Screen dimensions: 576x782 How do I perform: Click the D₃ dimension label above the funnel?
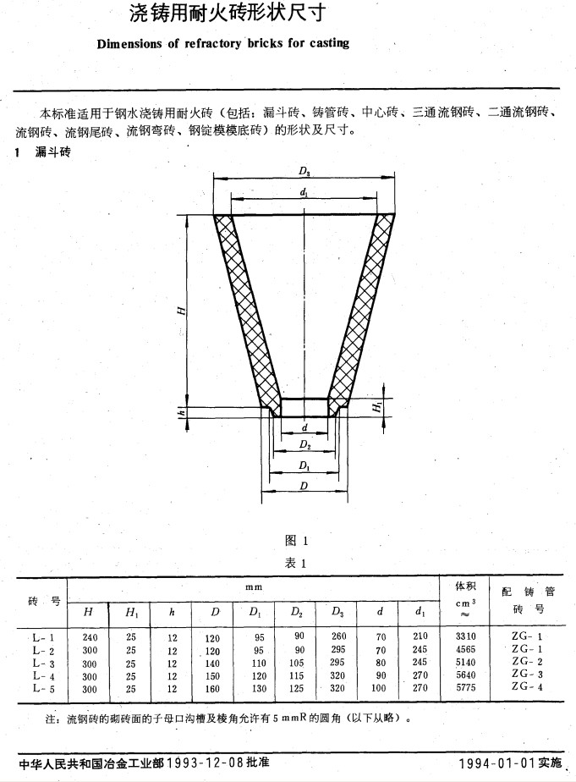point(304,172)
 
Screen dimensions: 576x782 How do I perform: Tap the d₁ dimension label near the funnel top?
point(304,191)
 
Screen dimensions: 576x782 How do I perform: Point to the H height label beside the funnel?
point(183,311)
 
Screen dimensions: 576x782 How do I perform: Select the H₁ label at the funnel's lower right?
point(378,407)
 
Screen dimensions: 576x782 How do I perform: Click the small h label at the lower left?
point(183,413)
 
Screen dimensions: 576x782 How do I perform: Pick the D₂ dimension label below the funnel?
point(305,444)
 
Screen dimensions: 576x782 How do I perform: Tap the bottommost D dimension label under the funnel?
point(304,486)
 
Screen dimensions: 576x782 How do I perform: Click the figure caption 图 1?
point(296,541)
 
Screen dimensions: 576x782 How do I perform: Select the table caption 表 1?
point(295,564)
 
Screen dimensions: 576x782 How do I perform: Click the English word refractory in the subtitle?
point(213,43)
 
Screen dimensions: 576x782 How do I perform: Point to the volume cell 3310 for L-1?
point(465,636)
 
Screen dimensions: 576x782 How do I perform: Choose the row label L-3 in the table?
point(43,664)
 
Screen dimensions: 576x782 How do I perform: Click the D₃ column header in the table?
point(337,611)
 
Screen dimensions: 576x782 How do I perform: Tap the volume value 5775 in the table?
point(465,687)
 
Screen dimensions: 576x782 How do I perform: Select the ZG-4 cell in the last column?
point(527,686)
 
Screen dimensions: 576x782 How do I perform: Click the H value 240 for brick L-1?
point(90,637)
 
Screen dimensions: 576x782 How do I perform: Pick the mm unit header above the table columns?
point(254,587)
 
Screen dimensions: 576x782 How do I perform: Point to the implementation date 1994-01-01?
point(497,763)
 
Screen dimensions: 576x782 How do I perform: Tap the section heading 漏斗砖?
point(52,151)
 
